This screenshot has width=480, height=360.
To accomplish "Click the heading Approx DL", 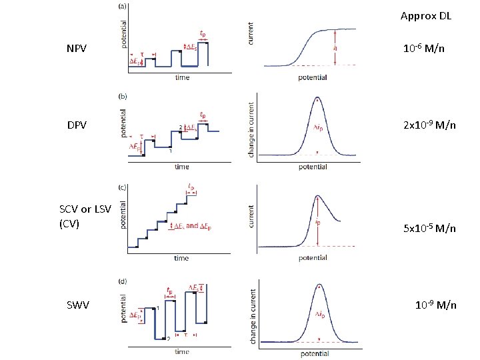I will (425, 15).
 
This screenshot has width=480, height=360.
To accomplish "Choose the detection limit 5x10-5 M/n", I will (429, 228).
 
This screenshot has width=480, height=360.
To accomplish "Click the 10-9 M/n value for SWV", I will (435, 305).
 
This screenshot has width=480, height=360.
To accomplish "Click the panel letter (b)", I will (122, 96).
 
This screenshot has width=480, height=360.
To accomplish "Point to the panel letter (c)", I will (122, 187).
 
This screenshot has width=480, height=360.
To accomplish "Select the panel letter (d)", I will (122, 281).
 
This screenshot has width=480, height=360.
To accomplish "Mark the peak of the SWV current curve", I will (317, 285).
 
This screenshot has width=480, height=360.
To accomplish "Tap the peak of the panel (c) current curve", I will (317, 197).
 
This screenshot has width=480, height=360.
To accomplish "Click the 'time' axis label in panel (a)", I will (182, 77).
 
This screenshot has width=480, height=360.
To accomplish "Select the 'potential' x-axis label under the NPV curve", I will (313, 77).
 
